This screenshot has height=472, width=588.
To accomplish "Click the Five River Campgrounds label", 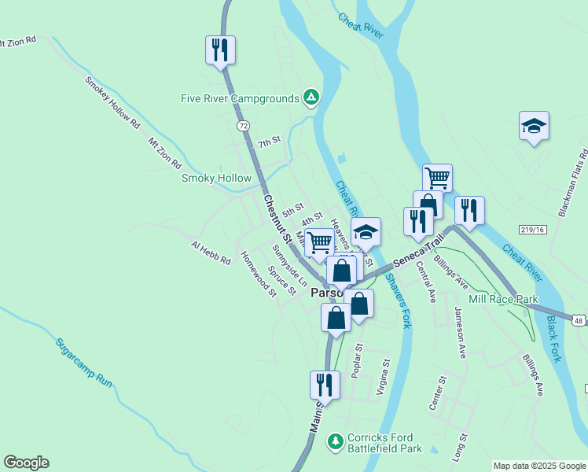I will (239, 98).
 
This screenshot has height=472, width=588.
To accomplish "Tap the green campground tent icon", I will (311, 98).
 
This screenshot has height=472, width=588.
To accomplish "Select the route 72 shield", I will (243, 126).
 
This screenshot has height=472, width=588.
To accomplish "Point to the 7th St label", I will (269, 142).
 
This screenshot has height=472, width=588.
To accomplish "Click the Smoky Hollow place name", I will (216, 178).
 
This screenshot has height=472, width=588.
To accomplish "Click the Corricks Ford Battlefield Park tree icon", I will (336, 440).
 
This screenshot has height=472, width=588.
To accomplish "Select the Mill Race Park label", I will (502, 300).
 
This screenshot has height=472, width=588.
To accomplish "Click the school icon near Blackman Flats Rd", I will (533, 126).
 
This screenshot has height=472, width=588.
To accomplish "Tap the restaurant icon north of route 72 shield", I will (220, 50).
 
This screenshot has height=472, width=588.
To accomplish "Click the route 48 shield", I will (579, 320).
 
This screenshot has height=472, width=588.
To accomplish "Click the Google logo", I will (26, 463).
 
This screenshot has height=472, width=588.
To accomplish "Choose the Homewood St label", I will (259, 274).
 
